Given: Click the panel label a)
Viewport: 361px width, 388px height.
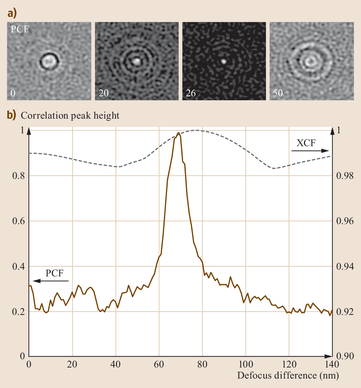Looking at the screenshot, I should [x=12, y=13].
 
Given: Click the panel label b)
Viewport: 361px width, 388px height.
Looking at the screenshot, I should [x=12, y=115].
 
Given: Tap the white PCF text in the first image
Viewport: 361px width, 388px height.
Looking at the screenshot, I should [x=20, y=29].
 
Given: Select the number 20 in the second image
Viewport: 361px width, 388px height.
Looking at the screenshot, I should [x=103, y=93].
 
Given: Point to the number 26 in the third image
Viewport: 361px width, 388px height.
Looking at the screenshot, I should [x=190, y=93].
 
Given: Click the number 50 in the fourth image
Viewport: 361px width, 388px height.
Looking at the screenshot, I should [x=278, y=93].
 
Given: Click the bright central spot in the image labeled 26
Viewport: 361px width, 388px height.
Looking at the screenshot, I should [x=224, y=61].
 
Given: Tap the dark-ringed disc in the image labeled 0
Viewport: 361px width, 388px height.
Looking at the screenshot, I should [x=49, y=61].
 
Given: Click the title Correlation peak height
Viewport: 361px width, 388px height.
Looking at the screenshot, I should [x=70, y=116].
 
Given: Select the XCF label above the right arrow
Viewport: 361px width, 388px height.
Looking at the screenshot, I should [x=306, y=143].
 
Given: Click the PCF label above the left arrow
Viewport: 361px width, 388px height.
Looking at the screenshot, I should [x=54, y=273].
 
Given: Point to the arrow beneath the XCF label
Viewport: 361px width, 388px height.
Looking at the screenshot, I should [x=310, y=150].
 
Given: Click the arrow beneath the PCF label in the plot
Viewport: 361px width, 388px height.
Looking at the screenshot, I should [x=51, y=281].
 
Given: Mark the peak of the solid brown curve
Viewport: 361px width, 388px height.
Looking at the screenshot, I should [x=178, y=133].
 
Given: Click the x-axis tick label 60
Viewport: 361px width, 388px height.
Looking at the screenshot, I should [x=159, y=364].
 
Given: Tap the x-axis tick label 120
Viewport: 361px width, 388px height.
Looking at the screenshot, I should [x=289, y=364].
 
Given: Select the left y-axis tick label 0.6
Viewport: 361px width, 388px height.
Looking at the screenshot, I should [x=18, y=221].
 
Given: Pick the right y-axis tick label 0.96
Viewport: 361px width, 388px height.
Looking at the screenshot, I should [x=345, y=221].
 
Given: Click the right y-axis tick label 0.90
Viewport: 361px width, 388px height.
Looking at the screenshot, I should [x=345, y=356].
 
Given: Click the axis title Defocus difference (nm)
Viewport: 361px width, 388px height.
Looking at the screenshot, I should [x=288, y=375].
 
